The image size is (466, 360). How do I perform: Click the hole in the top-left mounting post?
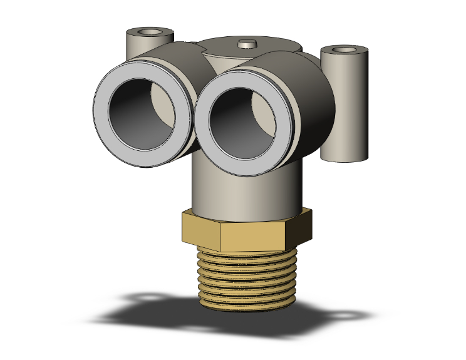(148, 31)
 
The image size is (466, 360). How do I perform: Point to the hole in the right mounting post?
(344, 49)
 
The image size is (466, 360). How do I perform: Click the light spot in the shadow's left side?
(150, 298)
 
